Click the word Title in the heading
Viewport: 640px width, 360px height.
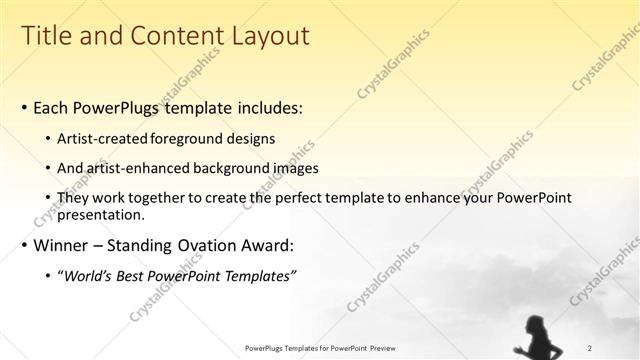coord(46,36)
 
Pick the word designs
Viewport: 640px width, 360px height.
coord(250,139)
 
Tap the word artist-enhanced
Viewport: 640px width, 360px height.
coord(135,169)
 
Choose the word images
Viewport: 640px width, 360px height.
coord(290,169)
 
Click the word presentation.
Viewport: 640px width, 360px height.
coord(102,214)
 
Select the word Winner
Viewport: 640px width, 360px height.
coord(62,246)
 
